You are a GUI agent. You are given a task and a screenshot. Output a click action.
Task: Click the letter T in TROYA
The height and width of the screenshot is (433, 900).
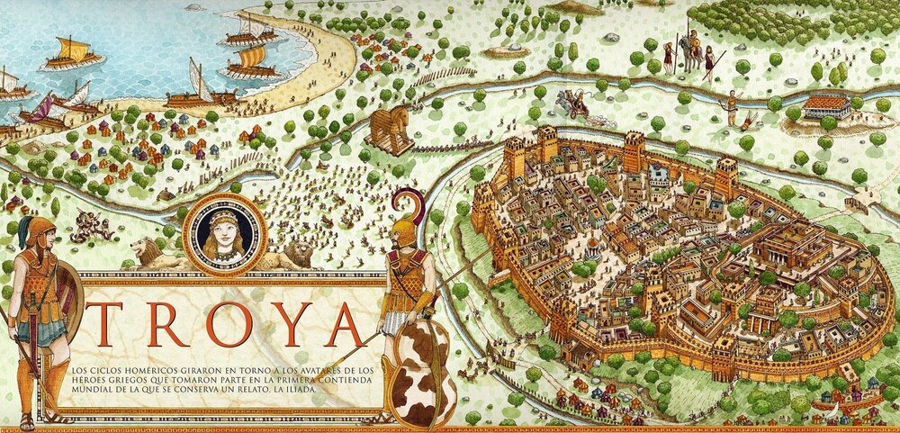click(107, 322)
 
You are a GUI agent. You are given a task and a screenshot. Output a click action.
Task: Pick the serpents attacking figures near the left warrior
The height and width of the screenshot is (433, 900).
click(90, 225)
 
